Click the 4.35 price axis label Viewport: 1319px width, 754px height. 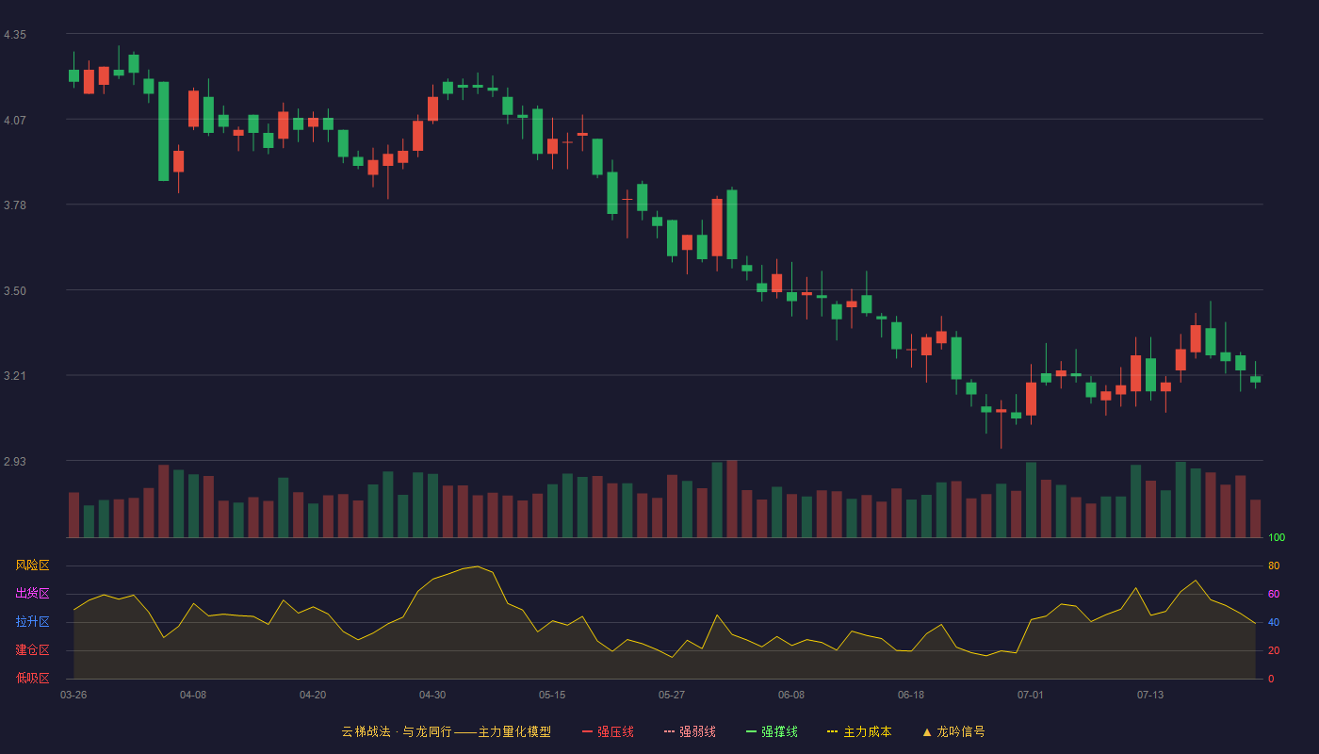(x=15, y=35)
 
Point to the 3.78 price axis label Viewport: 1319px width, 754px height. (x=15, y=205)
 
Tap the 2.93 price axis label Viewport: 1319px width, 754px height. (x=15, y=461)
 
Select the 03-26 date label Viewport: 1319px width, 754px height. (x=73, y=696)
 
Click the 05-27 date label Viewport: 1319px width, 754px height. (x=671, y=696)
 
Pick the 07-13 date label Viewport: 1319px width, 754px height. (x=1150, y=696)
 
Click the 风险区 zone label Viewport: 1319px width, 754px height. (x=32, y=565)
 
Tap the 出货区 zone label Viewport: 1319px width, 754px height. (x=32, y=593)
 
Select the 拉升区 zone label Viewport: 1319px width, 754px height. (x=32, y=621)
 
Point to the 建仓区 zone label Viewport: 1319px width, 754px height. (x=32, y=649)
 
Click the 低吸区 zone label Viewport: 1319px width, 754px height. (x=32, y=678)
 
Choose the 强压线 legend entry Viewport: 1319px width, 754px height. (x=608, y=731)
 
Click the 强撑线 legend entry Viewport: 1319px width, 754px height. (x=772, y=731)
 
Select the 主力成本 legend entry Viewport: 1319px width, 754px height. (x=859, y=731)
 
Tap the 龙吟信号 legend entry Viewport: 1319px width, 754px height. (x=953, y=731)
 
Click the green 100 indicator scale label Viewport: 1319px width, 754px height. (x=1277, y=537)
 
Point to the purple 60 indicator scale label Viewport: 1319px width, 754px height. (x=1274, y=594)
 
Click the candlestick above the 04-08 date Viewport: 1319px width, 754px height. (x=193, y=109)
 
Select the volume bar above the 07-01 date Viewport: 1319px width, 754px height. (x=1031, y=500)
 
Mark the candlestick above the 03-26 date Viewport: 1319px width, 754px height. (x=73, y=74)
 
